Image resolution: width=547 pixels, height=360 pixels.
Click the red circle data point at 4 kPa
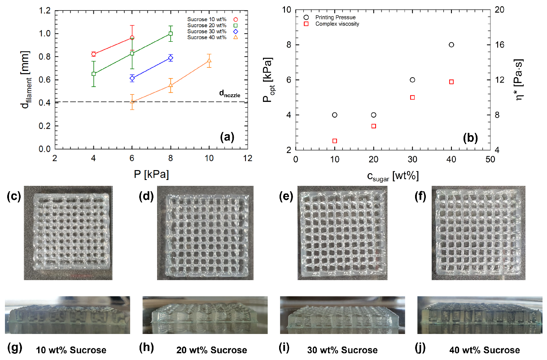(93, 54)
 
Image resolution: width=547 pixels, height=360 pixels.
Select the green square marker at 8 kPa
(171, 34)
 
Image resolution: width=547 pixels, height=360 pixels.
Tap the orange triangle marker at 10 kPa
(209, 61)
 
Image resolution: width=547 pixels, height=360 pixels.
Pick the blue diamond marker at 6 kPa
(132, 78)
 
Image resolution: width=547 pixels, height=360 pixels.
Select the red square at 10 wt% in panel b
(334, 141)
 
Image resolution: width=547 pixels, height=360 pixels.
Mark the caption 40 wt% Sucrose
(485, 350)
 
